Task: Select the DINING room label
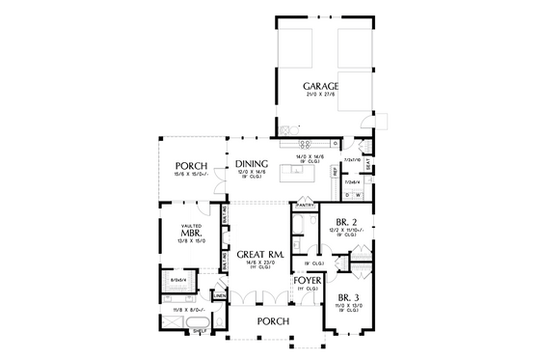251,164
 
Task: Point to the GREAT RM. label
257,254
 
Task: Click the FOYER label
308,280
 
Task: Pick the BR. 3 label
348,297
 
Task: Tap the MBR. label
189,234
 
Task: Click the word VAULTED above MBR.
189,224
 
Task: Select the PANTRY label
306,206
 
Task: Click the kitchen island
293,175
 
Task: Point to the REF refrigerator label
334,171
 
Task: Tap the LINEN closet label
220,294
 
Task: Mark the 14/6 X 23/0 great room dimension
257,263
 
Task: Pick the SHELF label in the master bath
200,330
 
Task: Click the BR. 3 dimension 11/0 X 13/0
348,306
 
